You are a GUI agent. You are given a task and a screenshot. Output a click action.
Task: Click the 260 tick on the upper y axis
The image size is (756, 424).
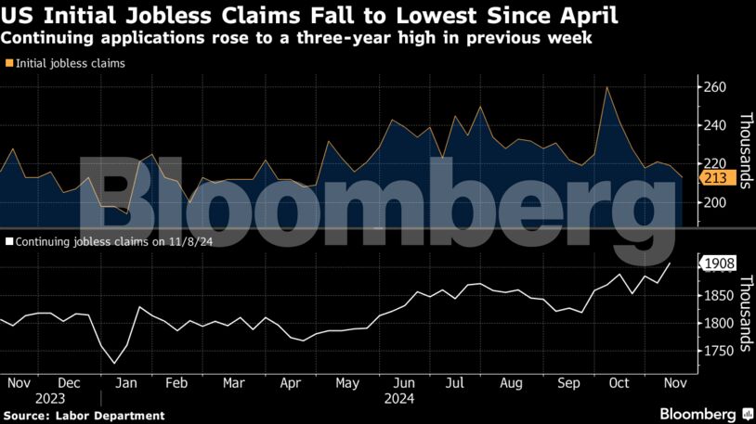coord(713,87)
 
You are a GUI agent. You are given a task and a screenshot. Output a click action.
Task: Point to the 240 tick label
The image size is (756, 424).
coord(713,125)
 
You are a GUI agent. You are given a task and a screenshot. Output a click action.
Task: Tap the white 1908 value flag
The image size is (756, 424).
coord(718,263)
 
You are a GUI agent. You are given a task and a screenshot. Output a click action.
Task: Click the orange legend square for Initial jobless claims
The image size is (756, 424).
coord(9,64)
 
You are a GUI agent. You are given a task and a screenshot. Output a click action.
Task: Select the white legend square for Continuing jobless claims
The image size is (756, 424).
coord(9,239)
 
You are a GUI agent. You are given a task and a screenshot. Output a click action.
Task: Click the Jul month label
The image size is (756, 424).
coord(456,382)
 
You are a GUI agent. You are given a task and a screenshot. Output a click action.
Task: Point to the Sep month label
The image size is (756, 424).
coord(568,382)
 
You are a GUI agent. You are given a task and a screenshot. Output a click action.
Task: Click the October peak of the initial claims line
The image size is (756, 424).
coord(606,87)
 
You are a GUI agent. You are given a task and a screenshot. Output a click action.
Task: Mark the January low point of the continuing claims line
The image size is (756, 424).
coord(115,363)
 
